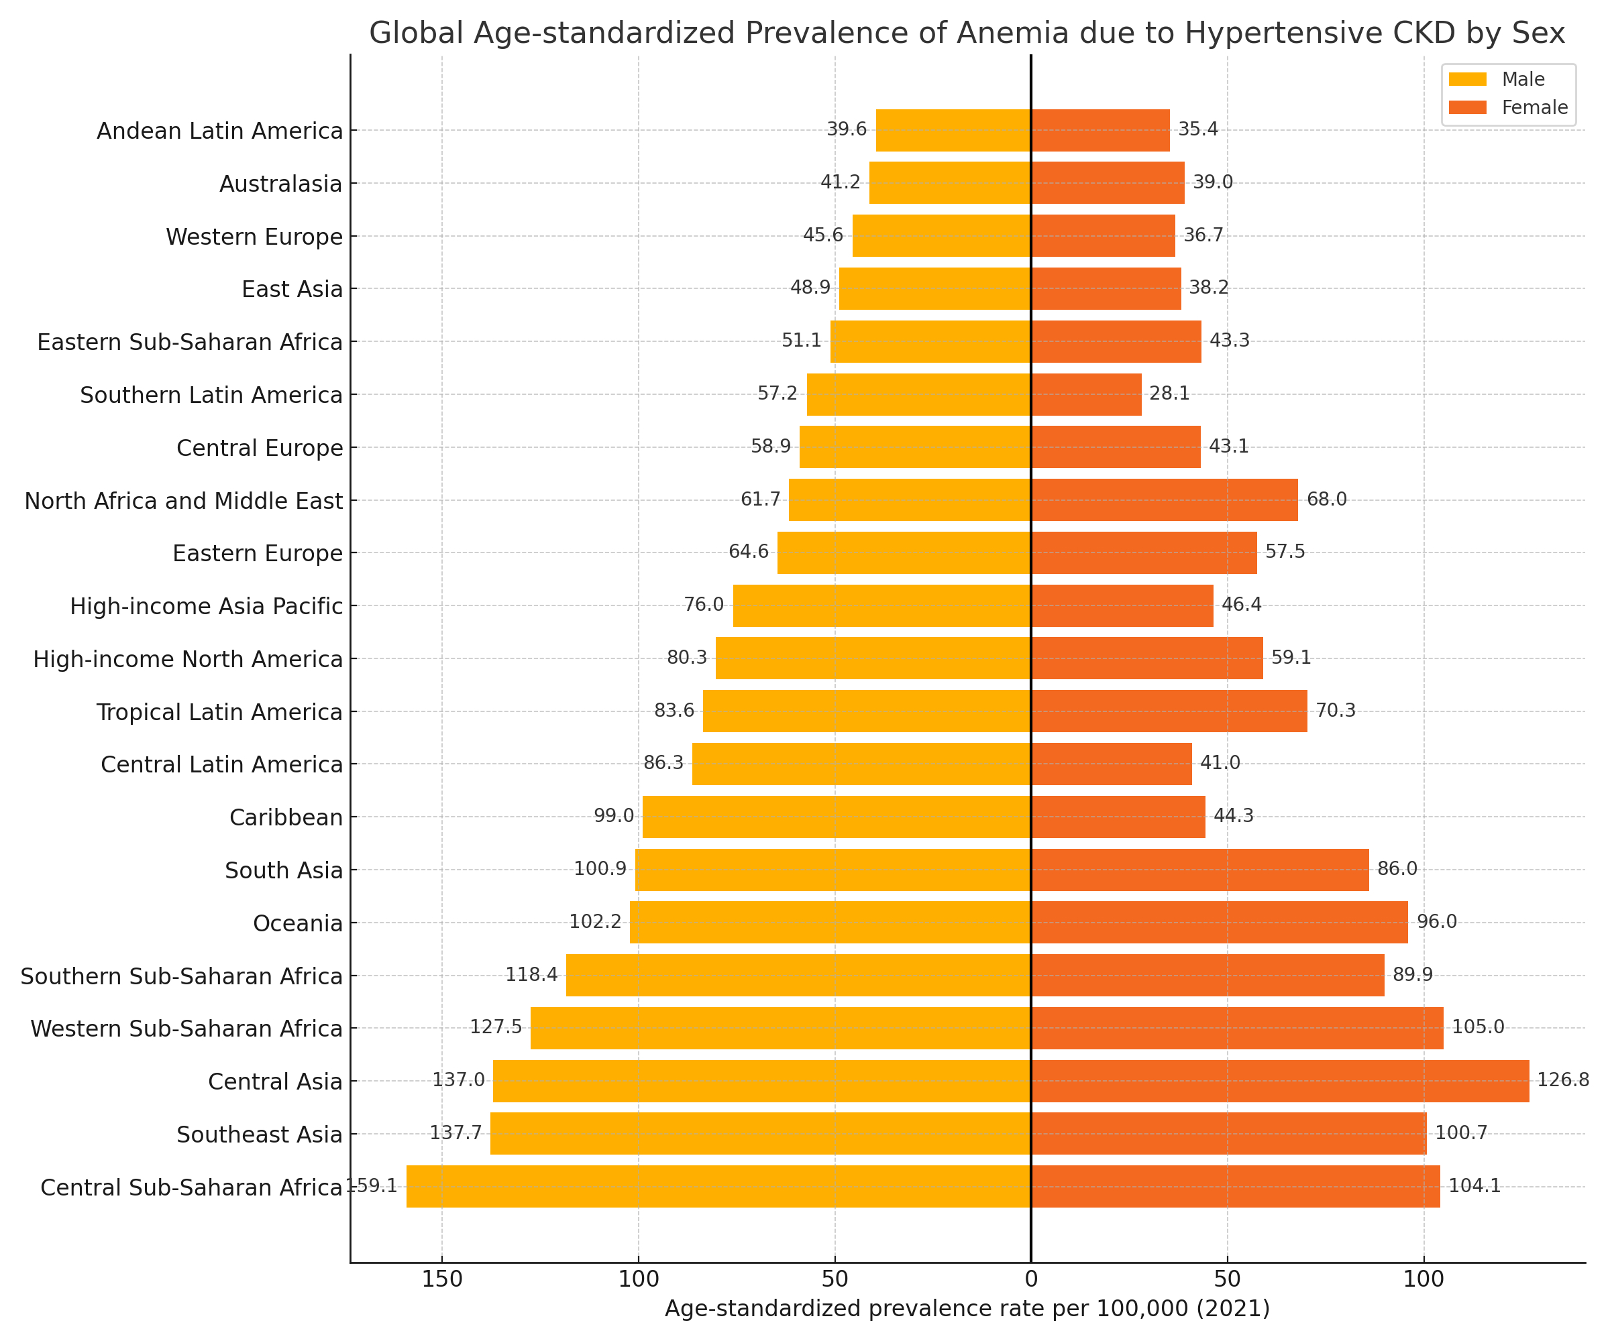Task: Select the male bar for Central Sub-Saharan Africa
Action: (x=718, y=1186)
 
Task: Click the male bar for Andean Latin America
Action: (x=953, y=130)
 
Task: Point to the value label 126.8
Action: (x=1562, y=1080)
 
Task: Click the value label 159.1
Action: (x=372, y=1185)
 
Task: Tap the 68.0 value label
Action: (x=1326, y=500)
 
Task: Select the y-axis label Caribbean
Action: (x=286, y=817)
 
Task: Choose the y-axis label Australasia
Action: (x=280, y=184)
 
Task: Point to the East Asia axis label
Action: (x=292, y=290)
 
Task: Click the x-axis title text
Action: (x=967, y=1309)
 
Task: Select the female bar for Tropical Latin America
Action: (x=1169, y=711)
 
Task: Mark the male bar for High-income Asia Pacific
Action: (x=881, y=605)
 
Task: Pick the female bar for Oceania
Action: (x=1219, y=923)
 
